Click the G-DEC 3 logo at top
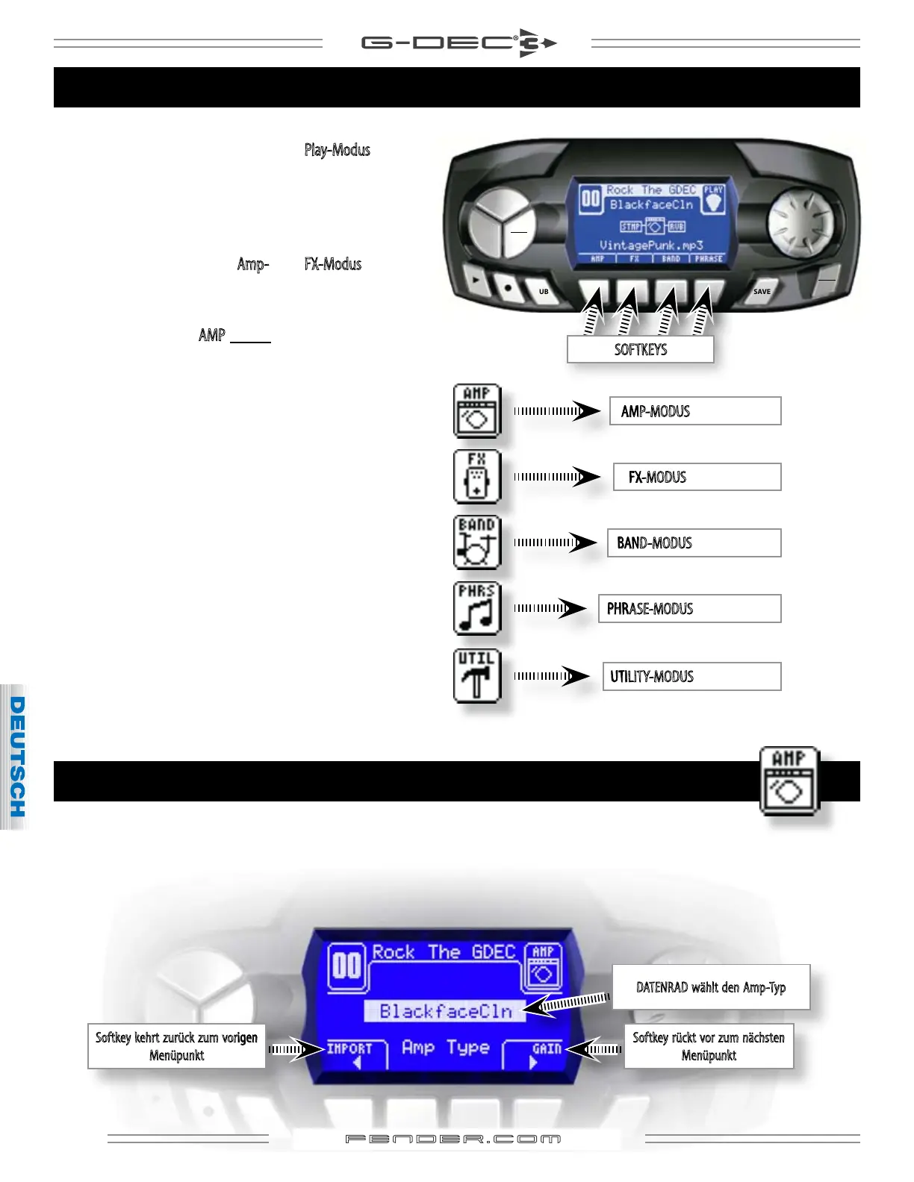click(458, 43)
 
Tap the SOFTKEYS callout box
click(640, 349)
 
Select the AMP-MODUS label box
click(694, 411)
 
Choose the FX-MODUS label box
click(697, 477)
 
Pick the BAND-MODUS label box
click(694, 542)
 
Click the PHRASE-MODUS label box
click(689, 608)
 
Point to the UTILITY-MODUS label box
click(691, 676)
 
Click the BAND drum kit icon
click(476, 542)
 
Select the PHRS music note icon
click(476, 608)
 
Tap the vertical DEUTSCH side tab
click(16, 756)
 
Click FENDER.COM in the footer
click(453, 1139)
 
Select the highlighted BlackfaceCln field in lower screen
click(445, 1011)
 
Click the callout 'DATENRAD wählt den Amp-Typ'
click(710, 987)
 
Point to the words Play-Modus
click(337, 150)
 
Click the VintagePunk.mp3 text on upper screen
click(651, 245)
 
